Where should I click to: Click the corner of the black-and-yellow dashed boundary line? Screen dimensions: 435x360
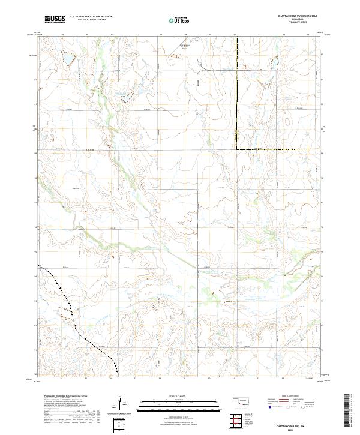(236, 148)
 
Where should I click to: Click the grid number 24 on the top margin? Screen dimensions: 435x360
(62, 35)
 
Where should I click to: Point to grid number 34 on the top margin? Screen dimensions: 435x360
(308, 35)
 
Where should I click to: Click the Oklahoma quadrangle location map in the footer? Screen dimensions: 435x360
(244, 401)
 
